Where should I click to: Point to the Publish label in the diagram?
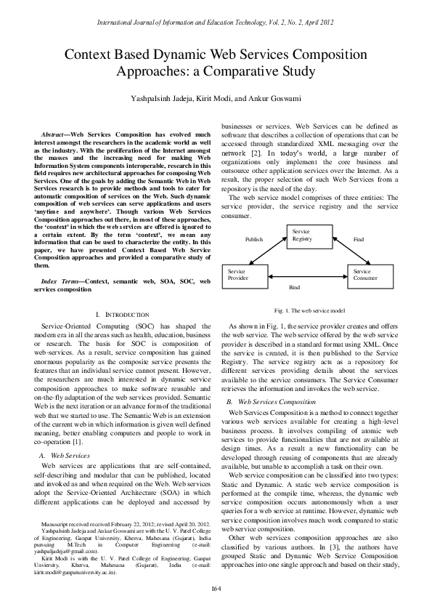[x=253, y=239]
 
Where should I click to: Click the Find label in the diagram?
[x=359, y=239]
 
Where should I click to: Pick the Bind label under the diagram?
[x=294, y=288]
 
